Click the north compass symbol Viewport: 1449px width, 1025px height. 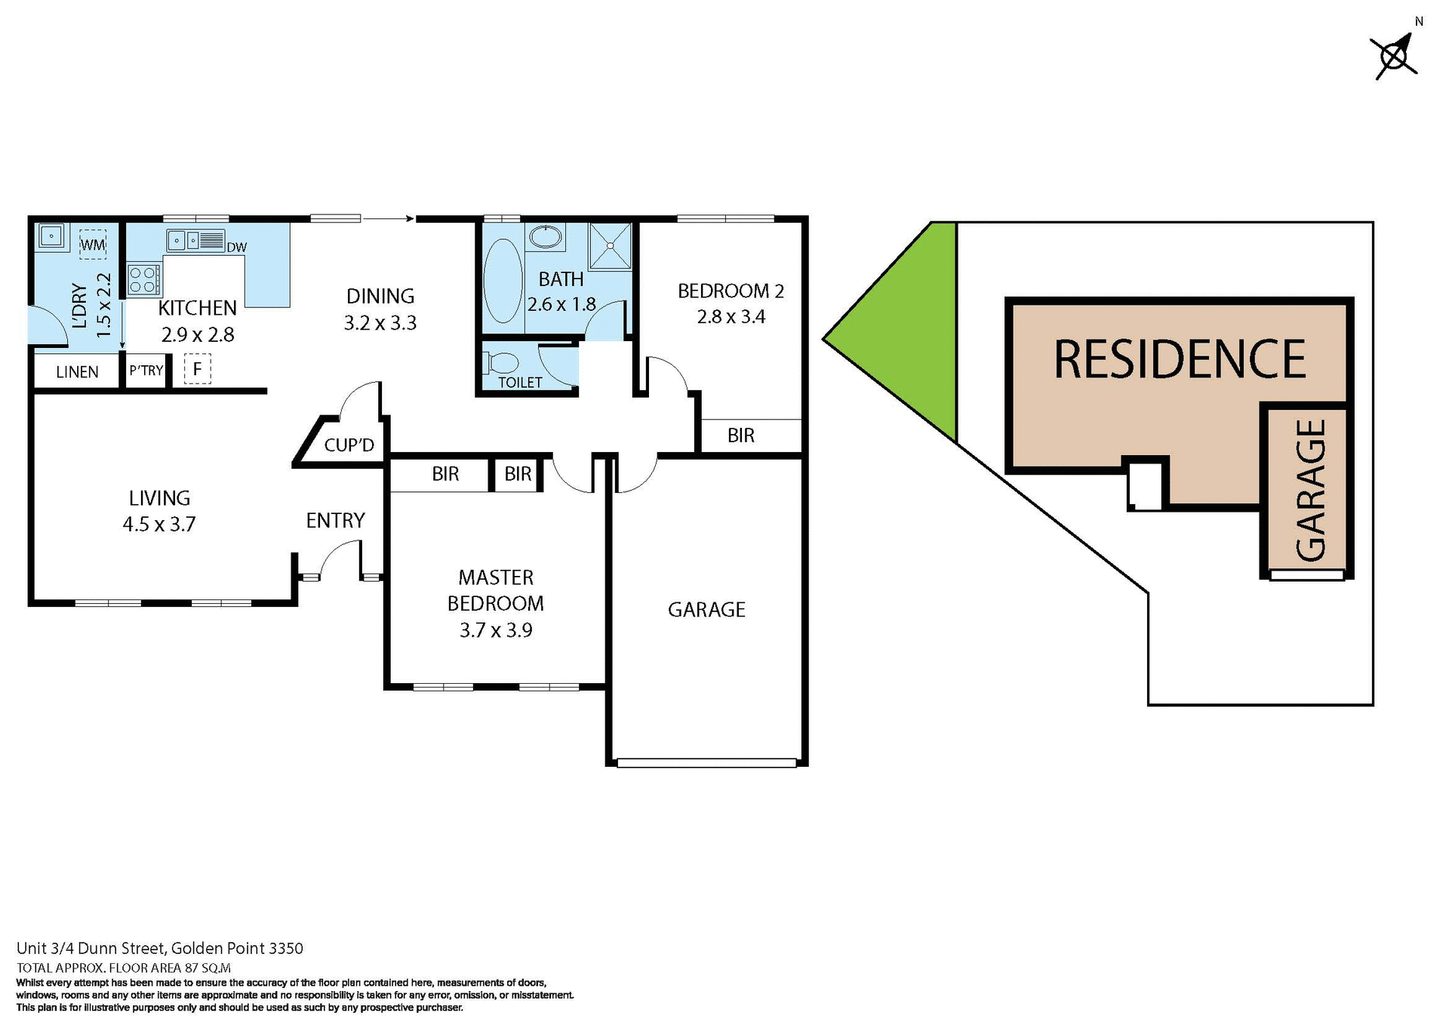point(1395,55)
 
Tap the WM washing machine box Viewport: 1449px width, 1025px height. point(93,245)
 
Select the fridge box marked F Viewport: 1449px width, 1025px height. point(197,369)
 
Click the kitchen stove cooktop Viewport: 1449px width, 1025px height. point(143,279)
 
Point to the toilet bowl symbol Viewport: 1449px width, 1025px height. point(503,363)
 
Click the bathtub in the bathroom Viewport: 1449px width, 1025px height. point(502,281)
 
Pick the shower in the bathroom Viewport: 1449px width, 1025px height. point(610,245)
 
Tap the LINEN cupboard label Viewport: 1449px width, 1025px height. point(77,372)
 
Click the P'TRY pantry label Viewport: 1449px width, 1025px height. point(146,371)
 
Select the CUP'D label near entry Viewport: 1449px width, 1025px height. point(349,445)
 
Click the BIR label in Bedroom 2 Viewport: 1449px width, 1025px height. point(740,436)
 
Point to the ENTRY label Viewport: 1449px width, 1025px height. point(335,520)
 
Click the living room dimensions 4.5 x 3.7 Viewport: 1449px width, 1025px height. point(159,525)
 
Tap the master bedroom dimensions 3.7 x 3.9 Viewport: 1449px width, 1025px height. point(496,630)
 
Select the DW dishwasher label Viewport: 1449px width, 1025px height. point(236,248)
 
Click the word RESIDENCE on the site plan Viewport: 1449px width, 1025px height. point(1179,359)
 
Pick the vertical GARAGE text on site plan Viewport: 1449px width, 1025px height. point(1311,491)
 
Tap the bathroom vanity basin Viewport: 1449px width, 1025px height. point(546,237)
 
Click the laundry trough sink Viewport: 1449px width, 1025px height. point(51,236)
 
